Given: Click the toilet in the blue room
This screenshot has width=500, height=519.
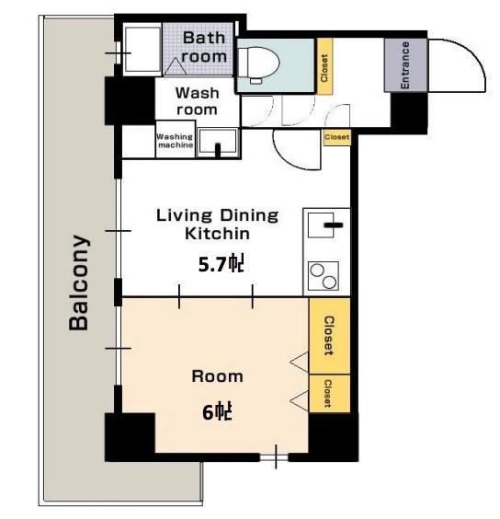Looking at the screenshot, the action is (x=258, y=63).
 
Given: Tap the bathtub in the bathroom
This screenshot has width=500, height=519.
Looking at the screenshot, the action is (x=142, y=50).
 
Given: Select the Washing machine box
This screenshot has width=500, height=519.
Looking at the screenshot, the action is (x=176, y=139).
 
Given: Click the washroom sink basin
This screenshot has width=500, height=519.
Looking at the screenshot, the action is (x=218, y=142).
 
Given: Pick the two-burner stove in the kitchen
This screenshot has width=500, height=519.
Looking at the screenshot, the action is (x=324, y=276).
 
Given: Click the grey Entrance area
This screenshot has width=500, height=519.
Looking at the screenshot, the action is (x=405, y=65).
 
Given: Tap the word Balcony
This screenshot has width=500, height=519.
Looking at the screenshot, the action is (x=79, y=283).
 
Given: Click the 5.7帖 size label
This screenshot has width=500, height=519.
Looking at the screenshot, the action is (x=221, y=264).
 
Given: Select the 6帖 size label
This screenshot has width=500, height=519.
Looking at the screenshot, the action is (x=217, y=411).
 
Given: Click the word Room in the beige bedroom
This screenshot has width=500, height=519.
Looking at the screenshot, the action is (x=217, y=376).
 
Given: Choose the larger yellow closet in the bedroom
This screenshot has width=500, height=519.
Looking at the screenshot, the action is (x=329, y=336).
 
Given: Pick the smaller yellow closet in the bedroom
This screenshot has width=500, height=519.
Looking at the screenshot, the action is (x=329, y=394).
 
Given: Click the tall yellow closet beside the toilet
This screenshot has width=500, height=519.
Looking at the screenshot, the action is (x=324, y=66).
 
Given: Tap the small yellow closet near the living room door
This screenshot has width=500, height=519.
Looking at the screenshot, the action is (x=336, y=137).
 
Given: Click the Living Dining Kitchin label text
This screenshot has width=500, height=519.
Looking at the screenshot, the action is (x=217, y=225).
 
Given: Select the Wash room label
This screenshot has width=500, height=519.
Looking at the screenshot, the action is (x=197, y=101).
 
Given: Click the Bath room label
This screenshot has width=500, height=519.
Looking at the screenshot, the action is (x=204, y=47).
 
